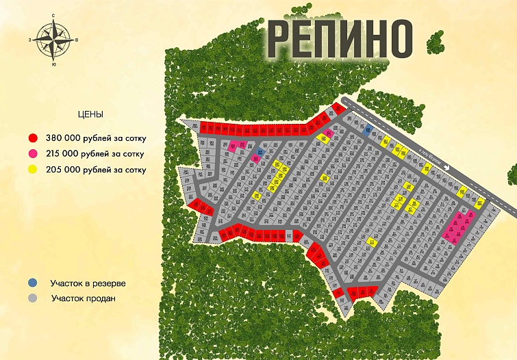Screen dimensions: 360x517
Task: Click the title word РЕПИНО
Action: (340, 38)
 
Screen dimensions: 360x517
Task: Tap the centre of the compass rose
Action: (53, 40)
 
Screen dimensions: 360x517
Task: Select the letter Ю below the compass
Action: (53, 65)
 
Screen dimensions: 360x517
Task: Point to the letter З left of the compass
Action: (30, 40)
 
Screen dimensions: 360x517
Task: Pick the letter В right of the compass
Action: (77, 40)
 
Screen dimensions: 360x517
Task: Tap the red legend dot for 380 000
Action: (33, 138)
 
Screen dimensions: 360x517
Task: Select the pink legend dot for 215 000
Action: (33, 153)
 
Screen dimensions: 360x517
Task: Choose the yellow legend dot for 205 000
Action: (33, 169)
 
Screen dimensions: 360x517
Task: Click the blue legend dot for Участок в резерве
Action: (33, 282)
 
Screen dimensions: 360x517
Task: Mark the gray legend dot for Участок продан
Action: (33, 298)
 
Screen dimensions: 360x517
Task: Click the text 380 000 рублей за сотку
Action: (95, 138)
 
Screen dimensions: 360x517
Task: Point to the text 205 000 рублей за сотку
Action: (95, 169)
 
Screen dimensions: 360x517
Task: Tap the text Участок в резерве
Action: (88, 282)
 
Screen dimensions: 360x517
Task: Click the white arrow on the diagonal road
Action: (447, 164)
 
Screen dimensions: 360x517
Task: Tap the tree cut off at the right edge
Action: (510, 170)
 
